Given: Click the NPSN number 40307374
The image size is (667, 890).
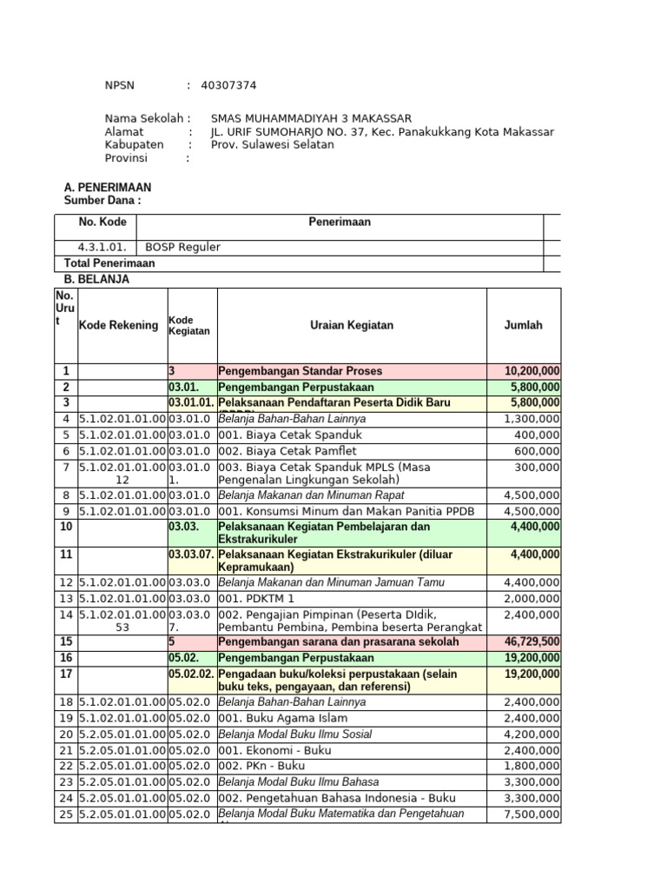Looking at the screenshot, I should click(x=228, y=85).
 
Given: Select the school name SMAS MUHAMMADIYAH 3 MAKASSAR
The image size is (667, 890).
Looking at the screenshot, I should click(x=311, y=118).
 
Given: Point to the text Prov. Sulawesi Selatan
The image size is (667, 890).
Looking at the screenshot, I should click(x=272, y=145).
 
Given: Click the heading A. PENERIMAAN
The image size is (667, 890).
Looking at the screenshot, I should click(x=108, y=187).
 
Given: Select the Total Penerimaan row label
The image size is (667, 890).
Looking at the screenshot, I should click(x=109, y=263).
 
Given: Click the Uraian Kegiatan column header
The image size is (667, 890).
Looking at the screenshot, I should click(x=351, y=325).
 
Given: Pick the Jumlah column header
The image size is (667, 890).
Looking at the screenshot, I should click(x=523, y=325).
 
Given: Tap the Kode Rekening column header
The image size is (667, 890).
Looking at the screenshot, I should click(x=119, y=325).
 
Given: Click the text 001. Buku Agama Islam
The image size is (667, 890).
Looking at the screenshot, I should click(x=282, y=719).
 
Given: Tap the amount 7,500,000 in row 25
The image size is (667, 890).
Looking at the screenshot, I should click(x=532, y=814).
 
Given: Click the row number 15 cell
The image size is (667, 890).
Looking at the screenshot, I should click(x=65, y=641).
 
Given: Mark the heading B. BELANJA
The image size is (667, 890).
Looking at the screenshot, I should click(x=97, y=280).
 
